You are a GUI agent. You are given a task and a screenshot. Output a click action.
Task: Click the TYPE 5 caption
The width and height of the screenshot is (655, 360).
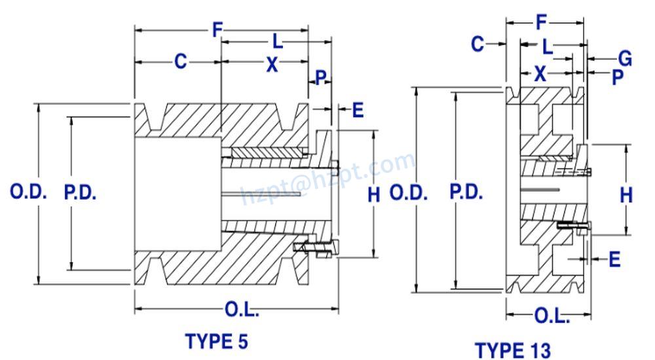pyautogui.click(x=217, y=341)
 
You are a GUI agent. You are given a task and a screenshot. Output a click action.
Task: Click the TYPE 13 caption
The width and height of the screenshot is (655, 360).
pyautogui.click(x=513, y=350)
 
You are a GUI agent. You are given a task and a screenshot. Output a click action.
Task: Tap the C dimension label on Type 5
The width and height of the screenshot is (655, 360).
pyautogui.click(x=180, y=62)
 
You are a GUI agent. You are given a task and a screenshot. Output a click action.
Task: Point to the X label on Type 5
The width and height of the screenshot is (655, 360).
pyautogui.click(x=271, y=63)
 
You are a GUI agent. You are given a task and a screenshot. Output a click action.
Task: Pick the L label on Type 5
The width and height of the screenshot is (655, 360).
pyautogui.click(x=278, y=43)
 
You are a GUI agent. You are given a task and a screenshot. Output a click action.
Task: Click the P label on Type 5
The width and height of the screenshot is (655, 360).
pyautogui.click(x=320, y=78)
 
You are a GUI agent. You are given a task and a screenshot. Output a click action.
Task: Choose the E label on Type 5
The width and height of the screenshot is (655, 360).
pyautogui.click(x=358, y=110)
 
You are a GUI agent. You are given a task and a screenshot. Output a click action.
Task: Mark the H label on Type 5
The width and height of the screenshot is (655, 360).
pyautogui.click(x=373, y=194)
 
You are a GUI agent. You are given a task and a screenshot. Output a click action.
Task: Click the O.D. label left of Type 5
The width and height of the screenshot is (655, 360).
pyautogui.click(x=28, y=192)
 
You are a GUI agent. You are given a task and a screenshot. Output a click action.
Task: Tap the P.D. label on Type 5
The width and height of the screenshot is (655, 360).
pyautogui.click(x=81, y=192)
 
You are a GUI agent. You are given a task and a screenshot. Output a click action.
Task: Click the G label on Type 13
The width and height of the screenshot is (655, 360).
pyautogui.click(x=625, y=59)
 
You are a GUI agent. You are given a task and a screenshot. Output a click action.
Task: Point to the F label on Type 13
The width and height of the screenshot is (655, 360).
pyautogui.click(x=541, y=23)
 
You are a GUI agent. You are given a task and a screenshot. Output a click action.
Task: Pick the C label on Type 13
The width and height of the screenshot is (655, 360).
pyautogui.click(x=477, y=44)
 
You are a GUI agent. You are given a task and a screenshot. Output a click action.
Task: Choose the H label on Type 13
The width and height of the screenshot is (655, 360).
pyautogui.click(x=626, y=194)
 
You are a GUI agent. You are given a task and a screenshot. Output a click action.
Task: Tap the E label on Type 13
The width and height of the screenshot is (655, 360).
pyautogui.click(x=614, y=260)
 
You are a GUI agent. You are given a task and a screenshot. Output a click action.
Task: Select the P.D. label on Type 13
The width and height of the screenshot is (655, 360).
pyautogui.click(x=466, y=192)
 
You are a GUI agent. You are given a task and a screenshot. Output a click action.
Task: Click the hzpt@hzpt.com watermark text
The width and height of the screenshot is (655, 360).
pyautogui.click(x=327, y=177)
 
